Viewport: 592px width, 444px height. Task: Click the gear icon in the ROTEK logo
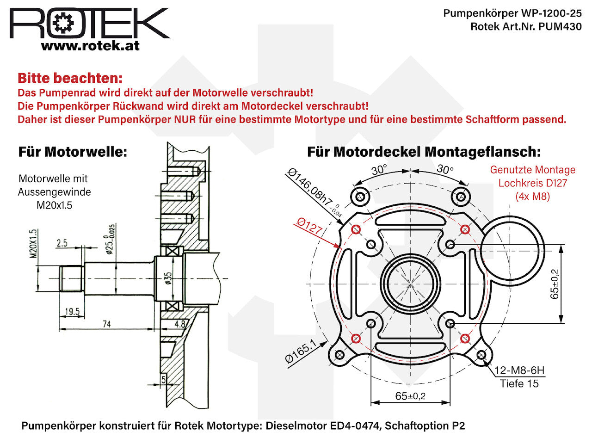click(x=63, y=23)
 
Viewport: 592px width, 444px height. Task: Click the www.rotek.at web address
click(x=90, y=46)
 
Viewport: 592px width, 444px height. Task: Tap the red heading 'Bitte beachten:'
click(x=70, y=78)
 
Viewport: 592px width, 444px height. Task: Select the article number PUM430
click(x=560, y=26)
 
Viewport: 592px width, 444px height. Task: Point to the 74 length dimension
click(x=107, y=324)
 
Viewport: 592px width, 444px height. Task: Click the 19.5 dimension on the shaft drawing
click(x=72, y=312)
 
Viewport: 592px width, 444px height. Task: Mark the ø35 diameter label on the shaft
click(x=168, y=278)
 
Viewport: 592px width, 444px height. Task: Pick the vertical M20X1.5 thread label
click(x=33, y=244)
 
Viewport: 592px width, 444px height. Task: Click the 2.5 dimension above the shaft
click(x=62, y=243)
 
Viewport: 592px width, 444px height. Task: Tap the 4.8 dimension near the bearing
click(x=180, y=324)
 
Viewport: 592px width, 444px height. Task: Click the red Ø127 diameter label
click(x=309, y=226)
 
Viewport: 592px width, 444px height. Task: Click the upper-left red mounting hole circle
click(x=356, y=229)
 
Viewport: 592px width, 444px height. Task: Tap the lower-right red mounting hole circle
click(x=465, y=339)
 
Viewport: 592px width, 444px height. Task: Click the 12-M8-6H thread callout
click(x=520, y=370)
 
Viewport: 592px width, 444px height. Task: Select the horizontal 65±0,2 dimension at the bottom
click(x=410, y=396)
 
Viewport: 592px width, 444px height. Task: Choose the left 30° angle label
click(x=379, y=170)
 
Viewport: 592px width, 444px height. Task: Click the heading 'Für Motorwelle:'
click(x=73, y=152)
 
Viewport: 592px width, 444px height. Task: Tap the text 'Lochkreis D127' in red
click(x=533, y=183)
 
